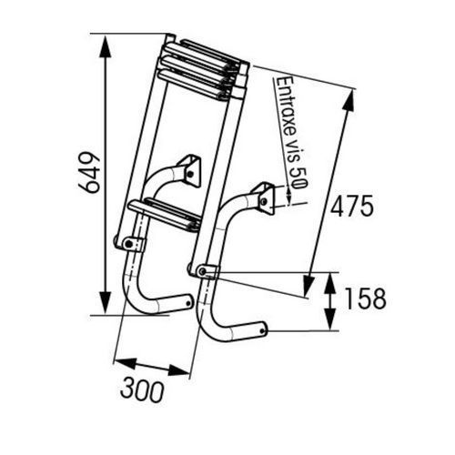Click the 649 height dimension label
click(x=87, y=172)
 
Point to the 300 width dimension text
click(x=143, y=391)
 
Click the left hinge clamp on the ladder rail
click(x=129, y=243)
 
